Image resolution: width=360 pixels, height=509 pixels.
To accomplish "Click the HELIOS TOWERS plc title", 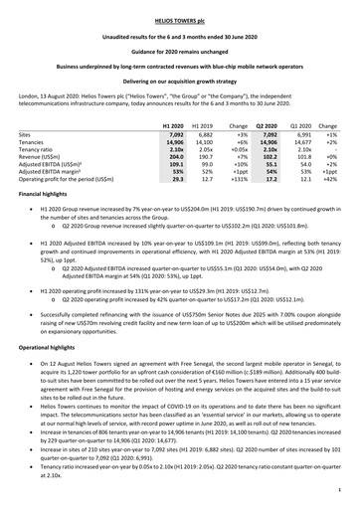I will click(179, 19).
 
